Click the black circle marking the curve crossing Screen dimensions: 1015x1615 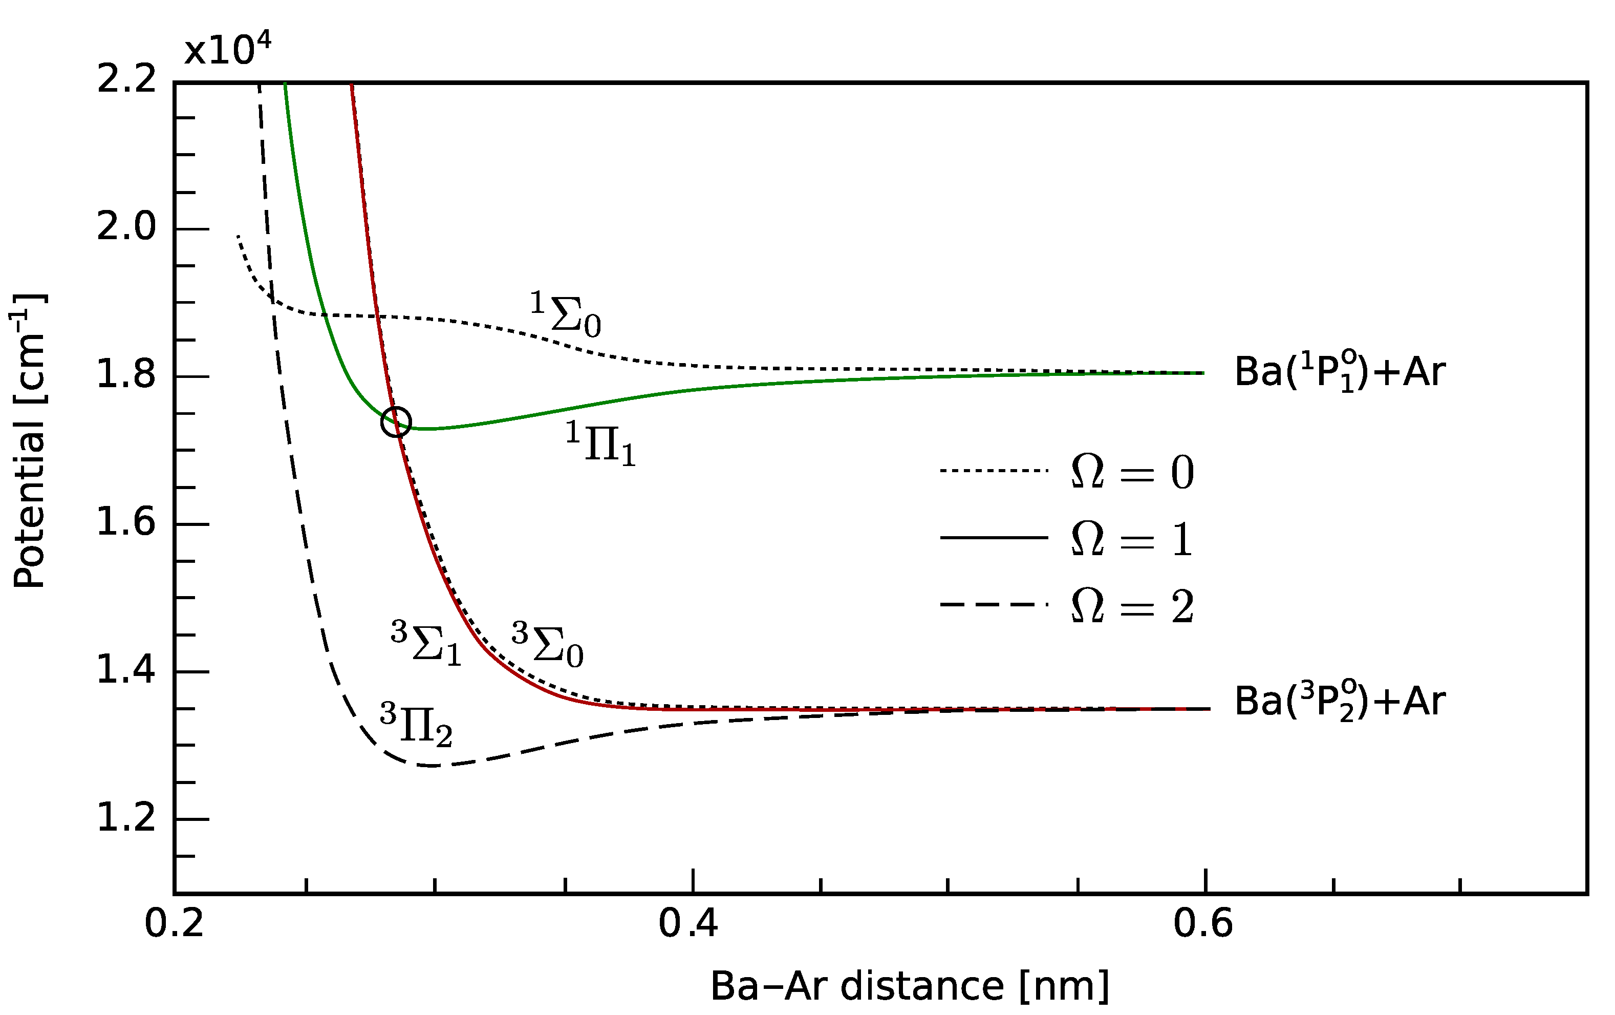(x=396, y=422)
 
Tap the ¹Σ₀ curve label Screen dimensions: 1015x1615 (x=566, y=314)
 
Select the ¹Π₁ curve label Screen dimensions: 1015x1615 (x=600, y=444)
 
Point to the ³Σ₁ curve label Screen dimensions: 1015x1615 (x=426, y=643)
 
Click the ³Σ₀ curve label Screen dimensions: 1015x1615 (x=547, y=645)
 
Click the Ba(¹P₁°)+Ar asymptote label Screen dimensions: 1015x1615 (x=1340, y=372)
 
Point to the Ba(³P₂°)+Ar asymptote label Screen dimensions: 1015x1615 (x=1340, y=702)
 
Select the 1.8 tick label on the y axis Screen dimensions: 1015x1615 (x=126, y=376)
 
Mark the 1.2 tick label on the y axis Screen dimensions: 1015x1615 (x=126, y=819)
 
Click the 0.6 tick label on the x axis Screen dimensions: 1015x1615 (x=1203, y=924)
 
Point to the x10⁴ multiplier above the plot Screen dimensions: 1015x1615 (x=228, y=50)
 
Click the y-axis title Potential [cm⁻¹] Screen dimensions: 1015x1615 (x=30, y=441)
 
